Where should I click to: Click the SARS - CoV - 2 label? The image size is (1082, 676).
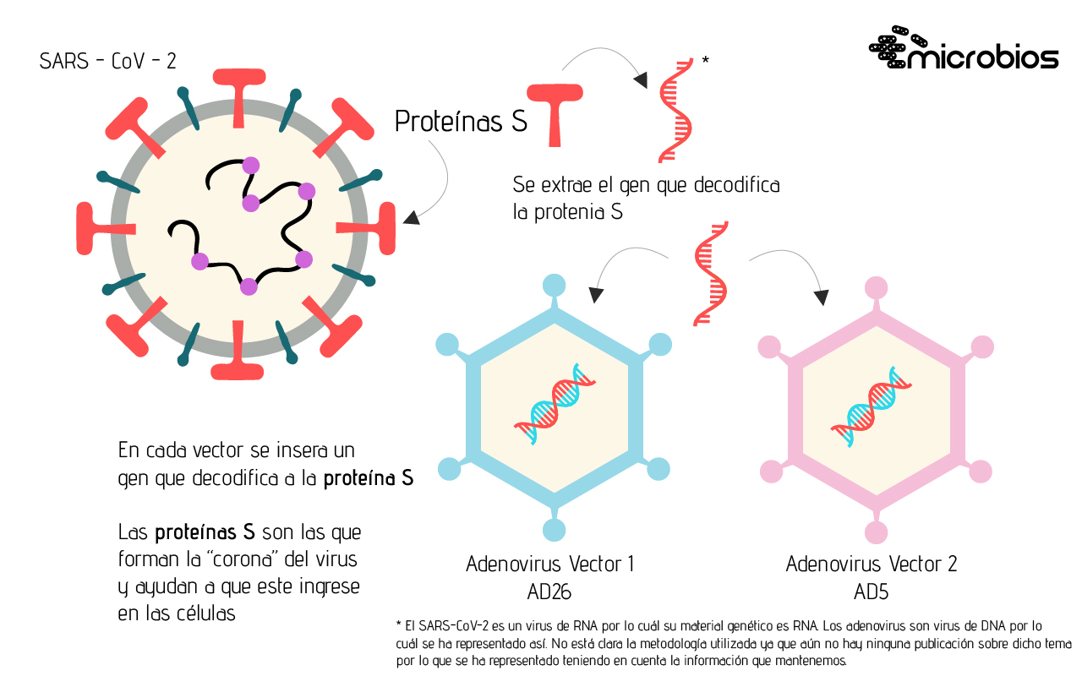coord(108,62)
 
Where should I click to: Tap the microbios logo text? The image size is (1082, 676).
coord(986,57)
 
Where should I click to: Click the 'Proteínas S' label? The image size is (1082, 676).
coord(461,123)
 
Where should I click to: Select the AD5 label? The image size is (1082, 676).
coord(871,591)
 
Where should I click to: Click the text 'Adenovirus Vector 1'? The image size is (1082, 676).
coord(550,564)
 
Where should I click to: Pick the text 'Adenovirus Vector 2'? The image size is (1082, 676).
coord(872,564)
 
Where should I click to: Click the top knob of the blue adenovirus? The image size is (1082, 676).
coord(553,286)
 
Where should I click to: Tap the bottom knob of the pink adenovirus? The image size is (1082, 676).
coord(877,532)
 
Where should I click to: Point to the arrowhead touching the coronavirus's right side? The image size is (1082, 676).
coord(410,217)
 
